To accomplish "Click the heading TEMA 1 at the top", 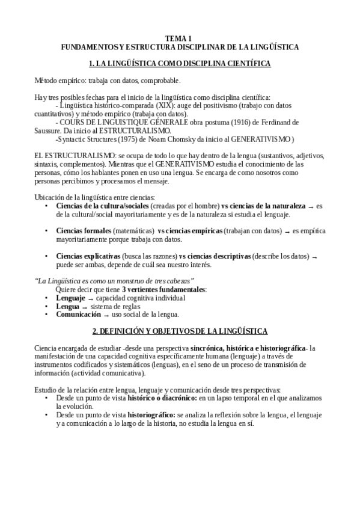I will [x=180, y=37].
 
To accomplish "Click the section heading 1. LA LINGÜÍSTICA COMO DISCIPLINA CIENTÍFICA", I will [x=180, y=63].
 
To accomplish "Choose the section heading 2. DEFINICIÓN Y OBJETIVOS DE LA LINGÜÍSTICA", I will [x=180, y=331].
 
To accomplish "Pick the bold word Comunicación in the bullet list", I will [x=78, y=314].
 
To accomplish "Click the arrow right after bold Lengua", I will [x=85, y=307].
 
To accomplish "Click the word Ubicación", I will [x=50, y=197].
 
